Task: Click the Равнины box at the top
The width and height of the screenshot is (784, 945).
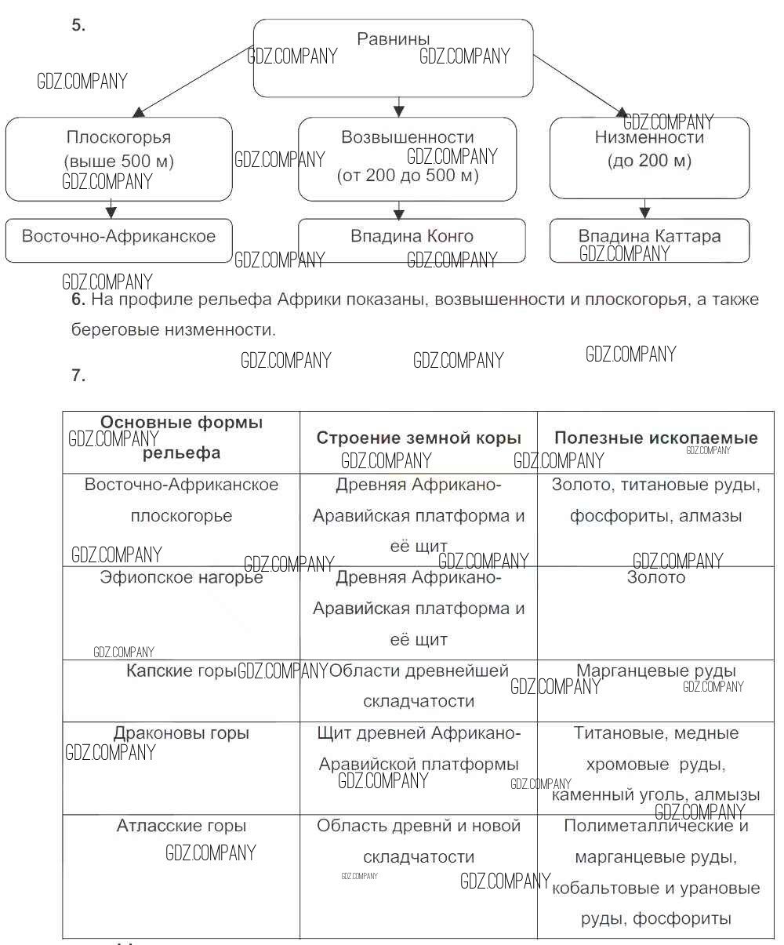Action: point(393,58)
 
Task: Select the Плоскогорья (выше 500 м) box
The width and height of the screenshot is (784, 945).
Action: point(118,158)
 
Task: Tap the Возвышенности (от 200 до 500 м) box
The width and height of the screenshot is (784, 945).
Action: point(407,158)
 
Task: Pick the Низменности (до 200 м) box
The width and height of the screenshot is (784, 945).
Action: point(649,158)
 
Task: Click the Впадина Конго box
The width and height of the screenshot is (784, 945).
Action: point(412,239)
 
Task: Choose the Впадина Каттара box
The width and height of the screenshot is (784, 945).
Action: point(649,240)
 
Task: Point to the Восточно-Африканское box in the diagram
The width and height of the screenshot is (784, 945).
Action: point(118,239)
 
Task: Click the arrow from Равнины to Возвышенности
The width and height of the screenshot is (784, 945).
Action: point(398,107)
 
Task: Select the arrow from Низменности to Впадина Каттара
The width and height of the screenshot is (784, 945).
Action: point(644,208)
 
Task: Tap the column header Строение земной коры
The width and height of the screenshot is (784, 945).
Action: point(419,438)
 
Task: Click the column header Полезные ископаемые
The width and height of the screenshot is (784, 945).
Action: point(655,438)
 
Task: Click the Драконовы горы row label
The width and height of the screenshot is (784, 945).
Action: point(181,734)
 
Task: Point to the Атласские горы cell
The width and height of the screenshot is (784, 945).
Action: point(181,826)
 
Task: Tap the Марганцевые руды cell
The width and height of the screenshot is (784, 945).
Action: point(655,671)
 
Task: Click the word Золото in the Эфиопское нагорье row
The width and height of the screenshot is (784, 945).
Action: point(655,578)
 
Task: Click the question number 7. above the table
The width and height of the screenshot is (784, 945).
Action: point(77,376)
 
